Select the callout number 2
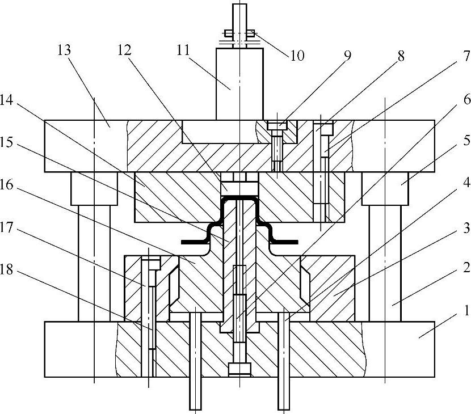coord(466,267)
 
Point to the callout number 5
coord(466,139)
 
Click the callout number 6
coord(466,99)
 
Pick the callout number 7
coord(466,57)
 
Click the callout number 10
coord(297,56)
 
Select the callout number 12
coord(125,50)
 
